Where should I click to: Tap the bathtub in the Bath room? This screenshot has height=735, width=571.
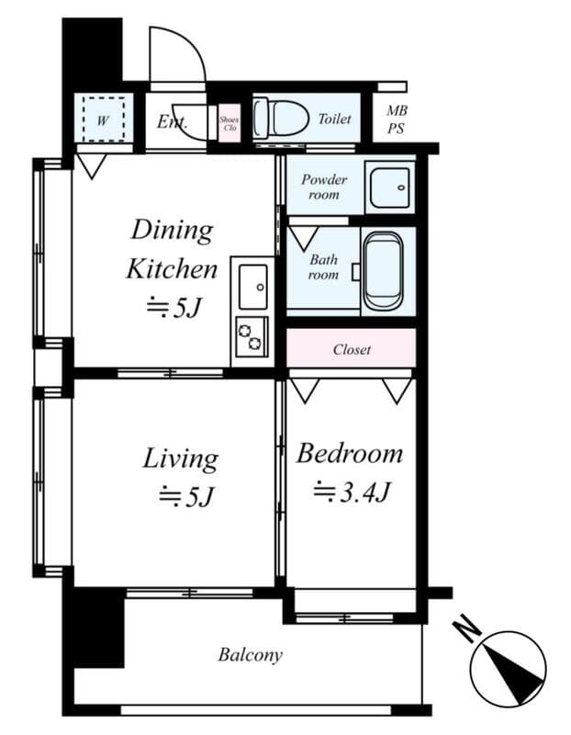pos(381,272)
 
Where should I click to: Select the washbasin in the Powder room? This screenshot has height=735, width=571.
pos(390,187)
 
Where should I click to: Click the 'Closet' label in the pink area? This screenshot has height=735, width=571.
pos(352,350)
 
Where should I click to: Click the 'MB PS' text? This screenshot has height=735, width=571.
pos(397,119)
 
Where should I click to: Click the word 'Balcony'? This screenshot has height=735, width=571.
pos(250,655)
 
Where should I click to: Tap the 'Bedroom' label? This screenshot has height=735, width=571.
pos(350,454)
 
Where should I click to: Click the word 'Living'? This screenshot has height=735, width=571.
pos(180,458)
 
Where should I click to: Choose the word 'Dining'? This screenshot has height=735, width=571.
pos(172,229)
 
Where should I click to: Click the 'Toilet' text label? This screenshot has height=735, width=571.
pos(334,119)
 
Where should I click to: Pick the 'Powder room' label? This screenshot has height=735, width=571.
pos(324,187)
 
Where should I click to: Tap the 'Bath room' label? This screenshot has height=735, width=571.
pos(323,267)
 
